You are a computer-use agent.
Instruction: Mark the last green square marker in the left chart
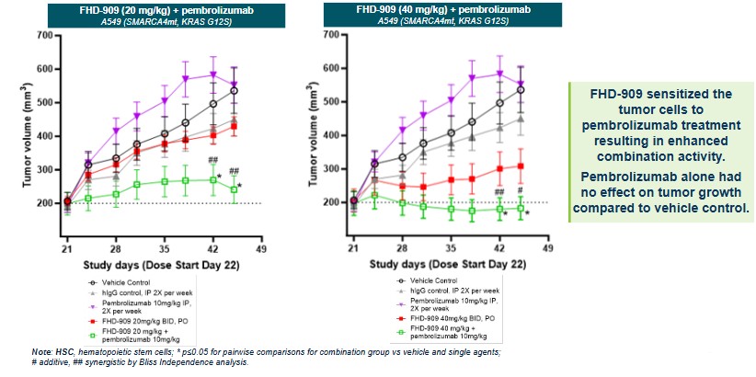point(235,189)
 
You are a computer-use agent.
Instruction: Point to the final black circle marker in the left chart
point(235,91)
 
